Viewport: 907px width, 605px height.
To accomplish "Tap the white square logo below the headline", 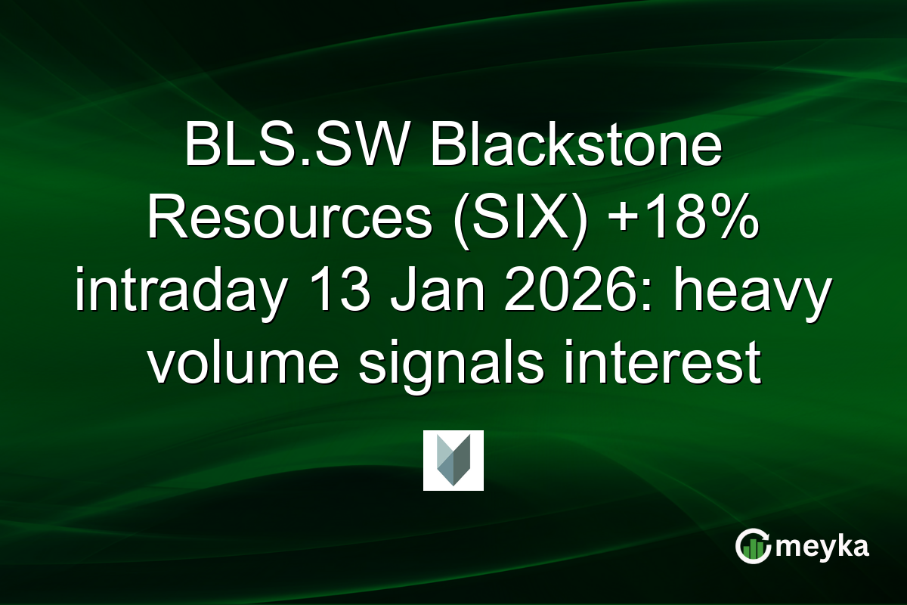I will (453, 461).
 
